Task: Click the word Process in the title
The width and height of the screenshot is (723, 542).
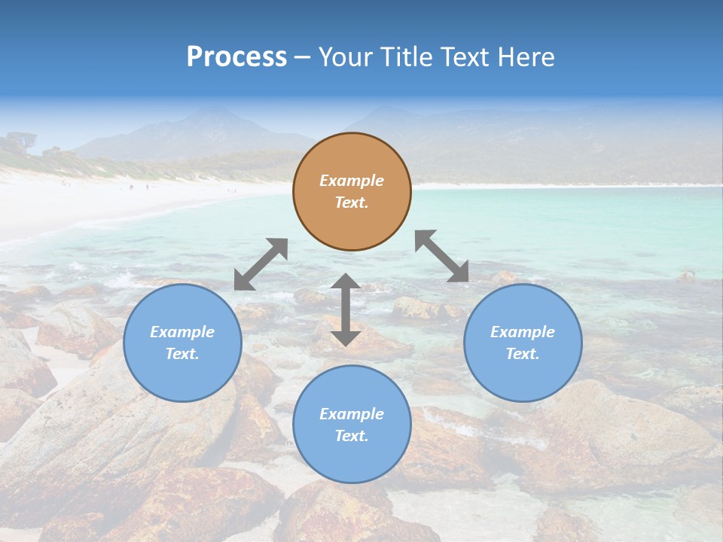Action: (236, 57)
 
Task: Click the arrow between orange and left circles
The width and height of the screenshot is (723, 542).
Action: (261, 264)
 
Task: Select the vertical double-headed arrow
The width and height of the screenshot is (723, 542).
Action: (346, 309)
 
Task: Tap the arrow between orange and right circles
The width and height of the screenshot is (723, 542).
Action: (442, 256)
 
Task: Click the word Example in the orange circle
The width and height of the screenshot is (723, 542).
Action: (352, 181)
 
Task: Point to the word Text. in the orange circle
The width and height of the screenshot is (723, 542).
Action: (352, 202)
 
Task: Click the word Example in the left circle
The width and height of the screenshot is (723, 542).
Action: (182, 332)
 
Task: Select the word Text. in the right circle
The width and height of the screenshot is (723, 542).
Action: (523, 354)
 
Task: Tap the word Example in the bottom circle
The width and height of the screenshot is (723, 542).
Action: (352, 414)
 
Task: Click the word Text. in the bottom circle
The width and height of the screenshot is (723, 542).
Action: (352, 436)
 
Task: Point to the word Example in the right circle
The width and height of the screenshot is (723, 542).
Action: (523, 332)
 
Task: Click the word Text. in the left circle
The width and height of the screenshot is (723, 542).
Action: (182, 354)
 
